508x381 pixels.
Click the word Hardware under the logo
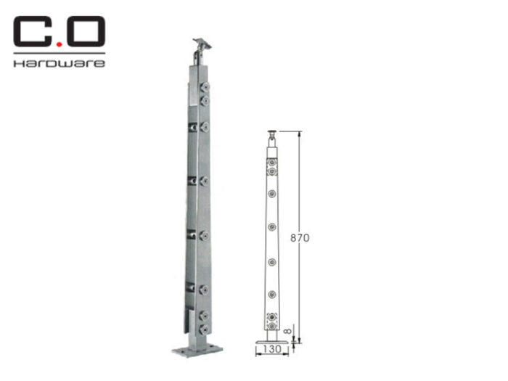[59, 63]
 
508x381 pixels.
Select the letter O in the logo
[86, 33]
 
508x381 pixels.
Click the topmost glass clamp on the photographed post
[204, 91]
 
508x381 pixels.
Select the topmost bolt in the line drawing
[271, 164]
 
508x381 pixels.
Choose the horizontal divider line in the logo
[59, 53]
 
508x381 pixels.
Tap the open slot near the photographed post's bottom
[193, 319]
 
